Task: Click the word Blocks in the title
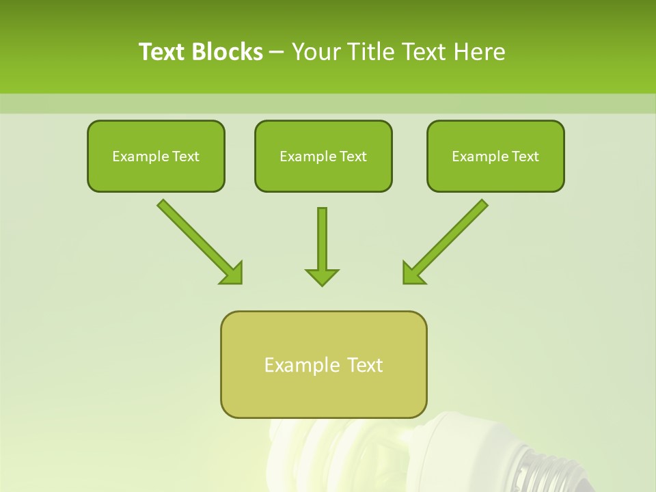tap(226, 52)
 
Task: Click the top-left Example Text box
tap(156, 156)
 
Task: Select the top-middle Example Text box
tap(323, 156)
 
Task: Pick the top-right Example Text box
tap(495, 156)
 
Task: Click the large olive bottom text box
tap(323, 364)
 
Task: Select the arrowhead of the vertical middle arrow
tap(322, 277)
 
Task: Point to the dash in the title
tap(277, 52)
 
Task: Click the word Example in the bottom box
tap(298, 365)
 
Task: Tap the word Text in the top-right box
tap(524, 156)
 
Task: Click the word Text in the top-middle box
tap(352, 156)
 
